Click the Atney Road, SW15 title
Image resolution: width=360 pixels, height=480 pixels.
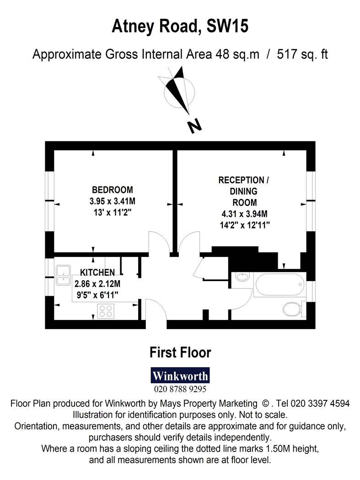pos(180,26)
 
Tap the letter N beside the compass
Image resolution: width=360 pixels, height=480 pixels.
pos(194,126)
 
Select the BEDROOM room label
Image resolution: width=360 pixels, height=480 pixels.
pos(113,190)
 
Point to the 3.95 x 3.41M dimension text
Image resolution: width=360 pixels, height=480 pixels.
pos(113,201)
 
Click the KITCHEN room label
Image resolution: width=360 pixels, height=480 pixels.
pos(97,272)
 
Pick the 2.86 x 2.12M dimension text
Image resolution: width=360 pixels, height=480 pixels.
pos(97,283)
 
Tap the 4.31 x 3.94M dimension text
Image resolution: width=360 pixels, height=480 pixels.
pos(244,213)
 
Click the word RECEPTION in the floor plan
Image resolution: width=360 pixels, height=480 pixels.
pos(241,180)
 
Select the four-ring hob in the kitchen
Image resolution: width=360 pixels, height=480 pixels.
pos(106,311)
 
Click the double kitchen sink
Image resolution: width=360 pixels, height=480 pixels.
pos(64,275)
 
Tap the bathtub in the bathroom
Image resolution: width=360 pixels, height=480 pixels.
pos(280,284)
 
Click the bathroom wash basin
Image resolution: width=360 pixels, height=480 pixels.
pos(242,277)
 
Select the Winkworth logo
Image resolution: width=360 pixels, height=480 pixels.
pos(180,375)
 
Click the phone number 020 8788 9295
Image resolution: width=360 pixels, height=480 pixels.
pos(180,389)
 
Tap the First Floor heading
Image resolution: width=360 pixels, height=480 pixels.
pos(180,352)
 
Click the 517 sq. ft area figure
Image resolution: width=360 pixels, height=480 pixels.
pos(302,54)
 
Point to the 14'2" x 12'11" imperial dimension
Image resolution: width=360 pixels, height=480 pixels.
pos(245,225)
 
